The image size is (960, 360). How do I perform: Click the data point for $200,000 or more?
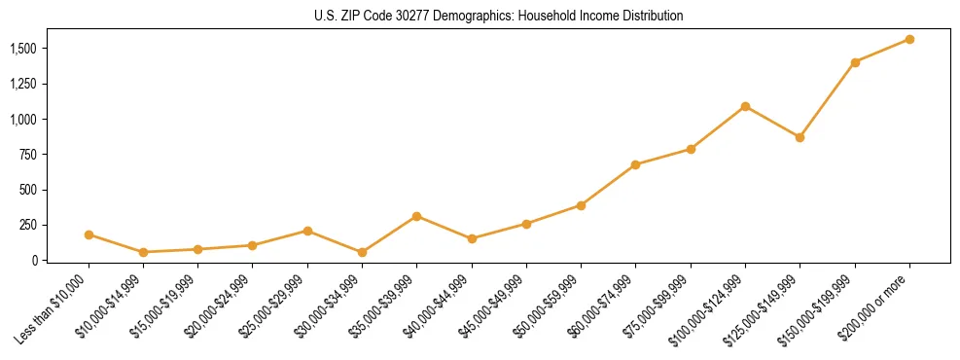[909, 39]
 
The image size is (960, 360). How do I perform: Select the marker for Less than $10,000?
[89, 234]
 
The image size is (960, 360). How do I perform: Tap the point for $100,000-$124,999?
[745, 106]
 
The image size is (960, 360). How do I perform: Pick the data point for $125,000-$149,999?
[800, 137]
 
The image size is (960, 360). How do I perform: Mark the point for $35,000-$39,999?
[416, 216]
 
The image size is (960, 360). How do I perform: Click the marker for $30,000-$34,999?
[362, 252]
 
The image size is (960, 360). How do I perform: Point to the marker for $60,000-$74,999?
[635, 164]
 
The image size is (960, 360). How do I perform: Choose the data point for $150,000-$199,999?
[855, 62]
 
